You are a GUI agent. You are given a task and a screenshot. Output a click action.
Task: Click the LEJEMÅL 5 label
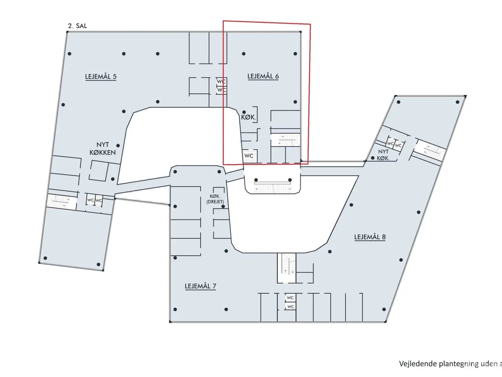click(x=101, y=77)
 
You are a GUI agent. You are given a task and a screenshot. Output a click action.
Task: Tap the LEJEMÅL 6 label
click(x=263, y=76)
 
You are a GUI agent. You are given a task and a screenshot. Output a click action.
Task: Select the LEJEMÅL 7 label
click(x=200, y=286)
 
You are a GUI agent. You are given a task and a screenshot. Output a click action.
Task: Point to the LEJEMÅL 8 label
click(x=370, y=237)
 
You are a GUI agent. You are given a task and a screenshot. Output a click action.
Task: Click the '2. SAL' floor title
click(x=77, y=26)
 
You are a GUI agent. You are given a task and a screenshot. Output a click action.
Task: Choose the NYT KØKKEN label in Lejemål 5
click(x=102, y=148)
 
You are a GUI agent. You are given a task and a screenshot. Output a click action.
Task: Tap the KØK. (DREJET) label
click(x=215, y=199)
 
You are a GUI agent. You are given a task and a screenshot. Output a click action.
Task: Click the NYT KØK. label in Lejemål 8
click(x=383, y=155)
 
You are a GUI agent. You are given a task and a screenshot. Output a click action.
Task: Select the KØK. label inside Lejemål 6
click(x=249, y=117)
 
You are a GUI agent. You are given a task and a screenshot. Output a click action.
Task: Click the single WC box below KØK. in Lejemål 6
click(x=249, y=156)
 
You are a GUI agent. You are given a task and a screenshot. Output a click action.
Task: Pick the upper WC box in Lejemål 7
click(x=290, y=298)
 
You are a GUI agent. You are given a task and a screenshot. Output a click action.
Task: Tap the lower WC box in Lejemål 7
click(x=290, y=307)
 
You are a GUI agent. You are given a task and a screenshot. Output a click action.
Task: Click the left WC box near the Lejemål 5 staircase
click(x=91, y=200)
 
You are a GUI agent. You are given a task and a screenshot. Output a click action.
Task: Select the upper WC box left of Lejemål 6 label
click(x=222, y=82)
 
